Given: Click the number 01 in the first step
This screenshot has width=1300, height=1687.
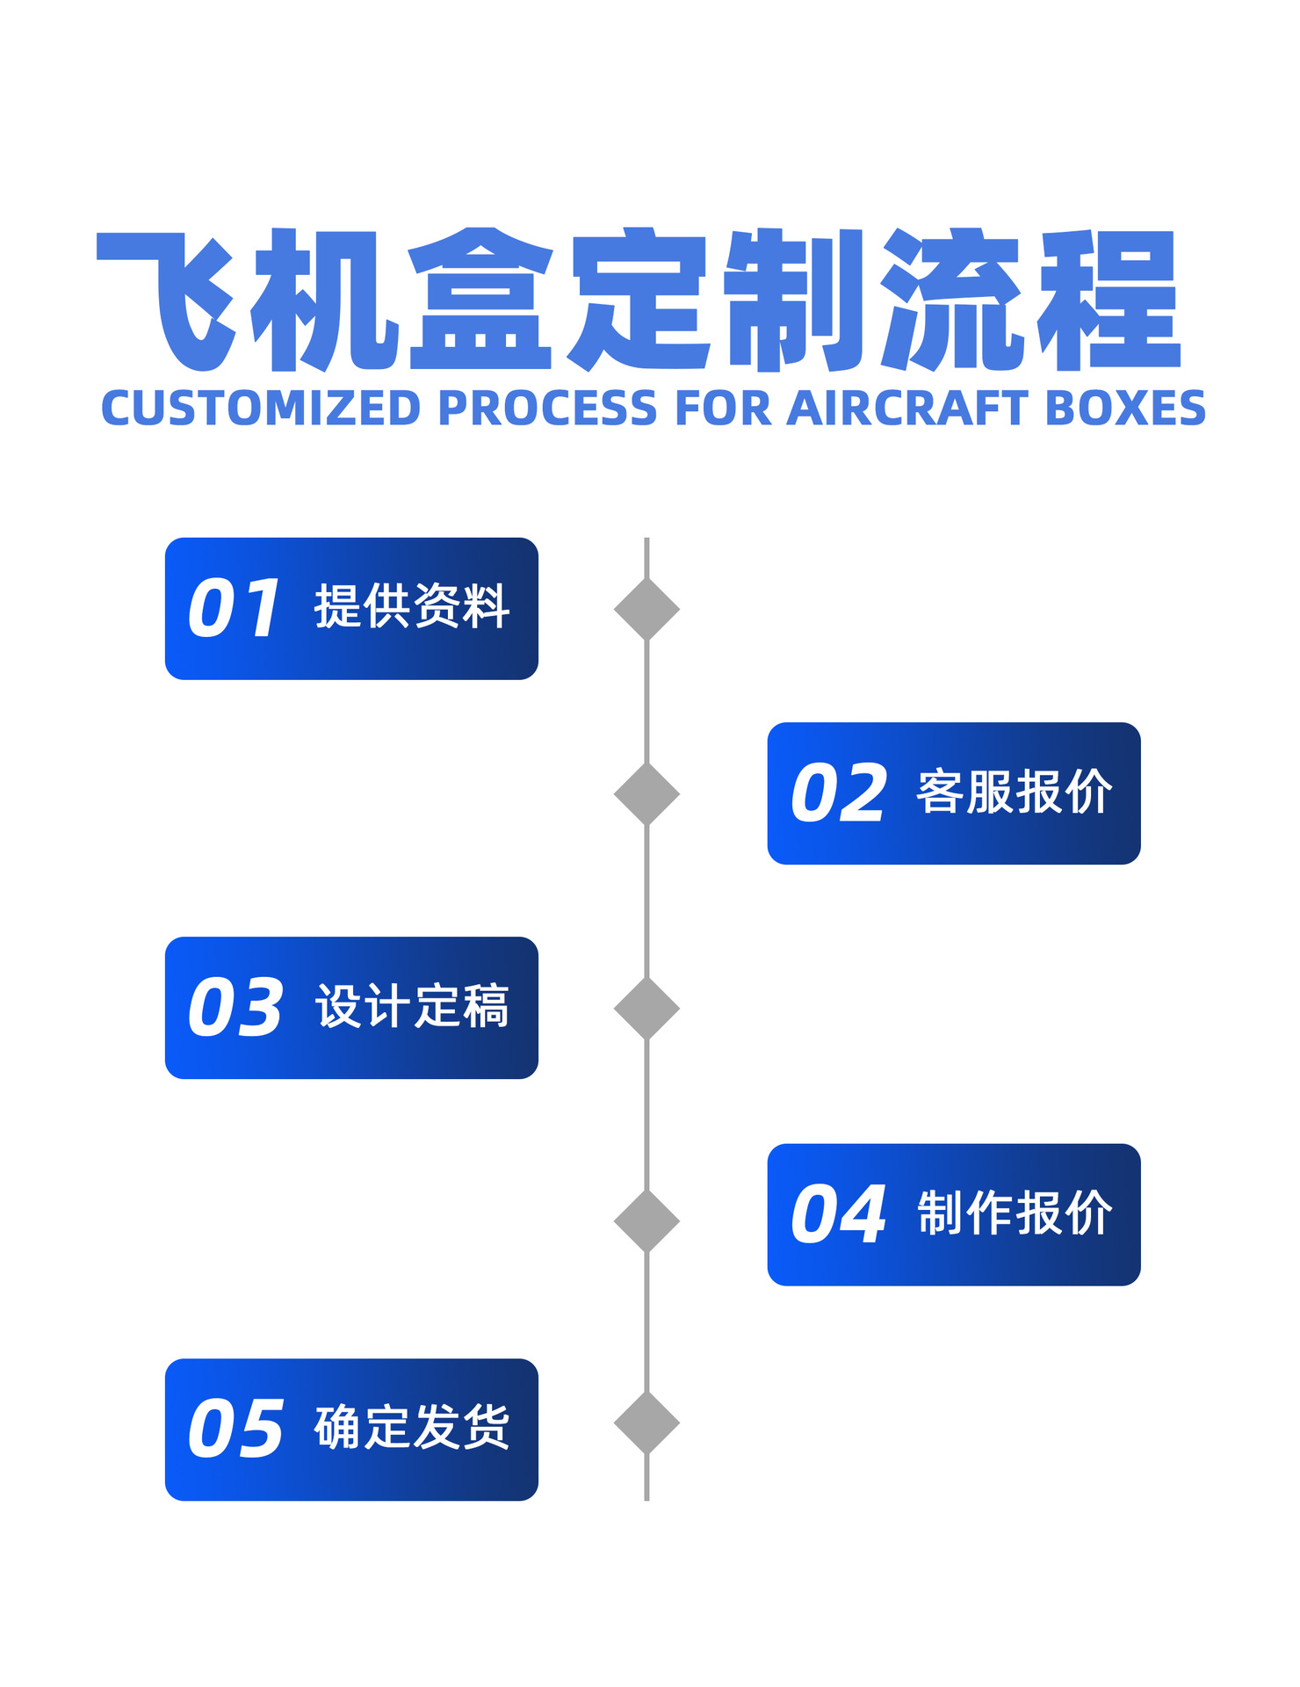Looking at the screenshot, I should coord(235,608).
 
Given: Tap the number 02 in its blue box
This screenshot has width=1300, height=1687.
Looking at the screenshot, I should coord(838,793).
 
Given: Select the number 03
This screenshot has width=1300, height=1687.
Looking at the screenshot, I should coord(235,1007).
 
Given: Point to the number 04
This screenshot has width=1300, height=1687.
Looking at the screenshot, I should coord(838,1214).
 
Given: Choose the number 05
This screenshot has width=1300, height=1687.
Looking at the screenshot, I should coord(235,1429).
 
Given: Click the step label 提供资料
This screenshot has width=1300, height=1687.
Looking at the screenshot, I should coord(412,606).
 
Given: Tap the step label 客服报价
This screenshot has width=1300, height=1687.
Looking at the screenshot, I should coord(1015,793).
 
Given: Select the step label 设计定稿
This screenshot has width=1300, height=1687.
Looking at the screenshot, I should coord(412,1006).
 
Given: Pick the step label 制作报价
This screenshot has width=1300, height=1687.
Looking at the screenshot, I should coord(1015,1213).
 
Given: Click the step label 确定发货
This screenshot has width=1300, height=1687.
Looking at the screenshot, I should coord(412,1427).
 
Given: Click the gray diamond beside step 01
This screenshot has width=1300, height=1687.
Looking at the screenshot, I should coord(646,609).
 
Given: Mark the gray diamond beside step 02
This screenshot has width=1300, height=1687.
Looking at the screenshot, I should coord(646,794).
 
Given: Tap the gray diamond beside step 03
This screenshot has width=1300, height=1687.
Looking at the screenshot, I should coord(646,1008).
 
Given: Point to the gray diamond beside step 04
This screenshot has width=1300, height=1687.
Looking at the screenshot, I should coord(646,1220).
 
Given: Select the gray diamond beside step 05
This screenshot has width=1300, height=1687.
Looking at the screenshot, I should coord(646,1423).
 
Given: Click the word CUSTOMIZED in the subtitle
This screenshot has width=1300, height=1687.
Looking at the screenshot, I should coord(261,409).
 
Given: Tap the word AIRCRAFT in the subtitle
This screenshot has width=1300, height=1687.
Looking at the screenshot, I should coord(907,409).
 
